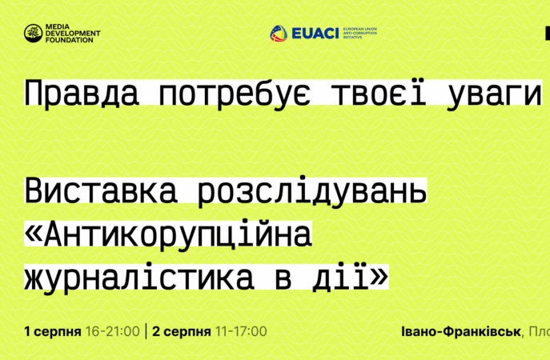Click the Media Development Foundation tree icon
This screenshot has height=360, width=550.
(x=33, y=33)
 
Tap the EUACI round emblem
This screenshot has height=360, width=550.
(x=278, y=33)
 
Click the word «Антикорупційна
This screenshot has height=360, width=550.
(x=167, y=235)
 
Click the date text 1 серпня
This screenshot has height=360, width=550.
(x=52, y=331)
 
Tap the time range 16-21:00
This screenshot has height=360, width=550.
(x=112, y=331)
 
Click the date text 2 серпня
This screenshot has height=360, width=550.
(x=182, y=331)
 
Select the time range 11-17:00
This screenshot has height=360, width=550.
(x=241, y=331)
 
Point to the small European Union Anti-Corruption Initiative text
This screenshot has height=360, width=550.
(x=359, y=33)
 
